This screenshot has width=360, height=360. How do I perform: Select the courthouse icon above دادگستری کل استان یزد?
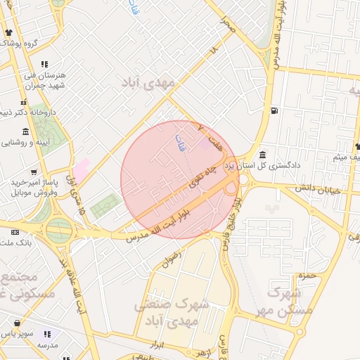(262, 155)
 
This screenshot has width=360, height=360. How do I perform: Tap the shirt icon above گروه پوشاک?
(8, 33)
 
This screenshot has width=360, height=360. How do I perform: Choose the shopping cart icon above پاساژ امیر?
(34, 172)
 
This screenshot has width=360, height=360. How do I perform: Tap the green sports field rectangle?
(105, 206)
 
